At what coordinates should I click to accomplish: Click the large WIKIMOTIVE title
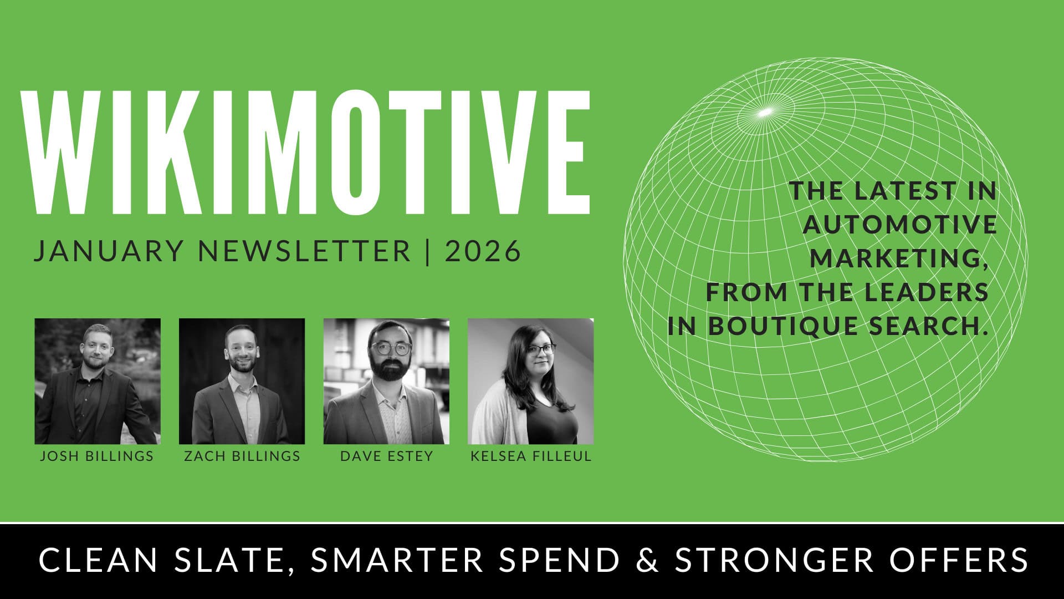[x=305, y=151]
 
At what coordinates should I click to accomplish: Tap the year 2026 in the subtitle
[x=483, y=251]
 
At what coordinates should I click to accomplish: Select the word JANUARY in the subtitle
[x=109, y=251]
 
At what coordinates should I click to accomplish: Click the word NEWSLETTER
[x=305, y=251]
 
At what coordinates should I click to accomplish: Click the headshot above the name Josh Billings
[x=98, y=381]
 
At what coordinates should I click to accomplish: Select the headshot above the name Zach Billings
[x=242, y=381]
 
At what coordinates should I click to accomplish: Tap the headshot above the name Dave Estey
[x=386, y=381]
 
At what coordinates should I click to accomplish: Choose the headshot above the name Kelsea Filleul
[x=531, y=381]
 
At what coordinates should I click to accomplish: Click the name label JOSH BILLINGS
[x=97, y=456]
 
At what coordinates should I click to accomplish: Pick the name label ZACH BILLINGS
[x=242, y=456]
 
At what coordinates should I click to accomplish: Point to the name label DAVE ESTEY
[x=387, y=456]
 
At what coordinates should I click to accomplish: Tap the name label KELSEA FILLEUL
[x=531, y=456]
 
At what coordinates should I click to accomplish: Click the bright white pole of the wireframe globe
[x=765, y=112]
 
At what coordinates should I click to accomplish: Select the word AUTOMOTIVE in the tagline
[x=901, y=225]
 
